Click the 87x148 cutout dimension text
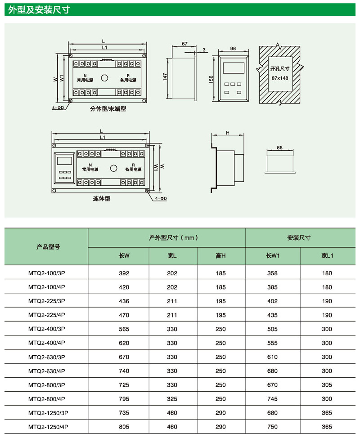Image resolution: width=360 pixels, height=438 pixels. click(279, 78)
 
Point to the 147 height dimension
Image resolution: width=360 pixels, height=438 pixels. click(165, 77)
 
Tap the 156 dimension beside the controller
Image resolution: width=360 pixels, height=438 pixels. click(211, 79)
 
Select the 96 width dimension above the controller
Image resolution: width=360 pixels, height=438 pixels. click(233, 49)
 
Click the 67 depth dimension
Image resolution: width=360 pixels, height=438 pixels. click(184, 44)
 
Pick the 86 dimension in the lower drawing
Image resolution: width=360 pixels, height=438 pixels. click(279, 148)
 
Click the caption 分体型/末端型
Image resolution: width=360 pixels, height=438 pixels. click(108, 108)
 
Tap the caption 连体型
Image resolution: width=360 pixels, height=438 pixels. click(101, 198)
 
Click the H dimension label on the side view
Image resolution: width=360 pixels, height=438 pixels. click(228, 133)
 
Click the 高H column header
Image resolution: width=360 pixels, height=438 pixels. click(220, 256)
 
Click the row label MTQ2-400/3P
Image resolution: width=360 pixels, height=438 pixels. click(47, 329)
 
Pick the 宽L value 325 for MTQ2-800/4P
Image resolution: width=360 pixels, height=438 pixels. click(172, 398)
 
